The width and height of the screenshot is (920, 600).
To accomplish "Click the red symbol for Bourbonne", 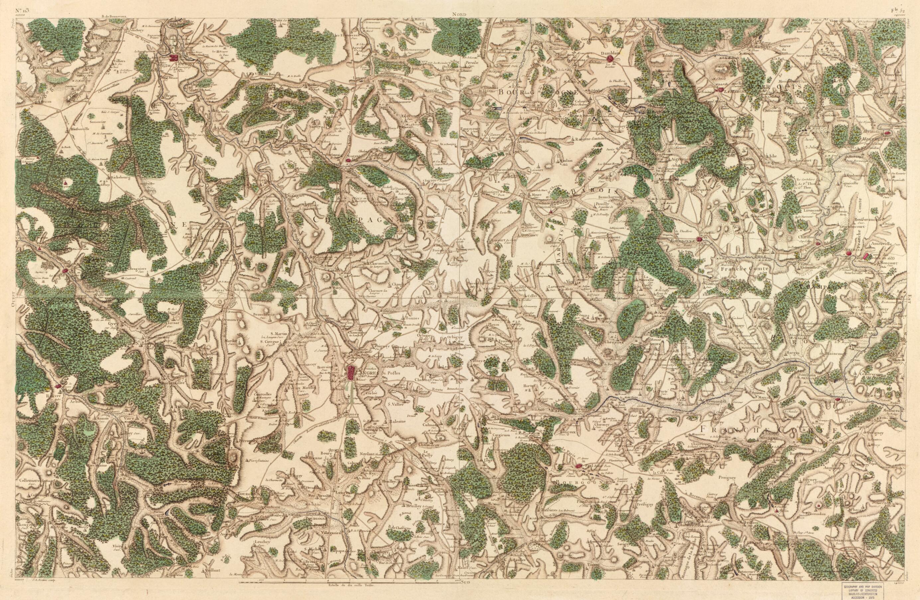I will [699, 239].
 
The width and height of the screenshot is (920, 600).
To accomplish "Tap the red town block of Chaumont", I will [173, 58].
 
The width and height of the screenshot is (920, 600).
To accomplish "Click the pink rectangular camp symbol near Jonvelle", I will [866, 256].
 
